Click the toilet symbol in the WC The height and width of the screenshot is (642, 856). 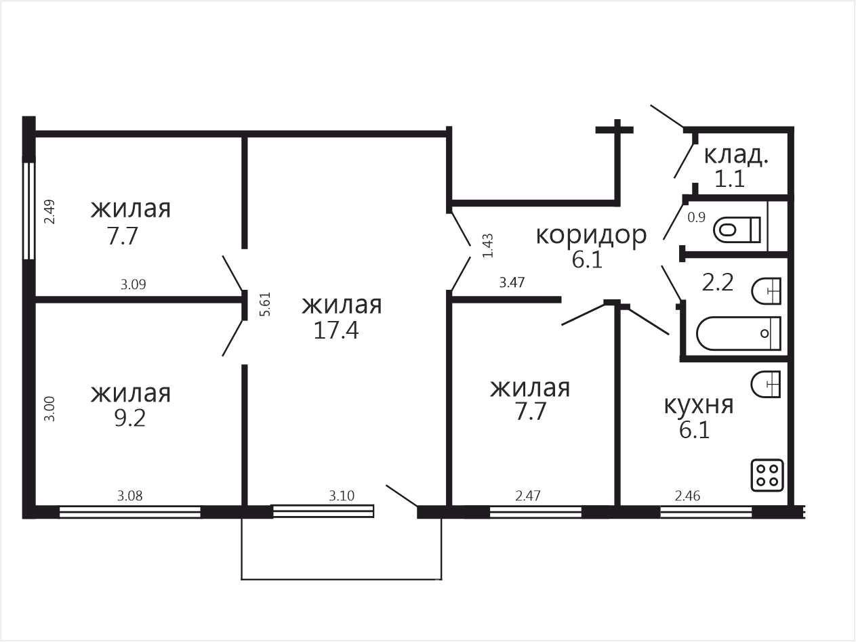click(x=737, y=230)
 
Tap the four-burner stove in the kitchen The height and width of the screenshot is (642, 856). click(x=767, y=475)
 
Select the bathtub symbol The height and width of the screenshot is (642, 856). click(x=739, y=333)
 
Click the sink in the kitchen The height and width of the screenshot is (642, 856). click(x=766, y=384)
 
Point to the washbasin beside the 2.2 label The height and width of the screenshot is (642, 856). click(x=767, y=291)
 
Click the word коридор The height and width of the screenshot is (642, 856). click(x=591, y=235)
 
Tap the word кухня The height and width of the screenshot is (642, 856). click(x=699, y=405)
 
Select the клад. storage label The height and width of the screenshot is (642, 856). click(x=736, y=155)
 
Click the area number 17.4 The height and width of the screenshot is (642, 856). click(x=335, y=330)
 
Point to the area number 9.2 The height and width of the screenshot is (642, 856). click(x=130, y=418)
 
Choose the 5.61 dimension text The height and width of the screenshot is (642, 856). click(x=265, y=304)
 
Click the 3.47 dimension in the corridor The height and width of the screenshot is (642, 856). click(x=512, y=282)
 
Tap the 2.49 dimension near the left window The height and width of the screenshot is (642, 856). click(x=49, y=211)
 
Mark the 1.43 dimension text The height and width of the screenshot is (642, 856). click(x=488, y=245)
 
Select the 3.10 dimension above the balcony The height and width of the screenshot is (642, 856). click(x=342, y=496)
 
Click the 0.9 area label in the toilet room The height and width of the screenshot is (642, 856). click(x=696, y=217)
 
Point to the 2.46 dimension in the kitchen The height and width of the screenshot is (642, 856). click(x=687, y=496)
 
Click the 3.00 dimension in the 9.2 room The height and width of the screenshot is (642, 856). click(x=49, y=408)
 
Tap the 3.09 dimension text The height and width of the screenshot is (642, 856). click(x=133, y=285)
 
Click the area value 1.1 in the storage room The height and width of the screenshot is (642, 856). click(x=730, y=179)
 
